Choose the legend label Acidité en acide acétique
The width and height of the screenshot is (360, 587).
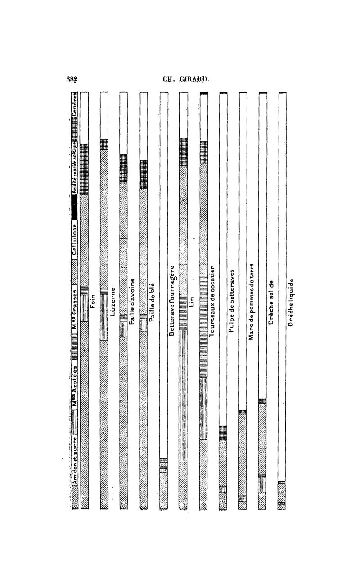click(75, 168)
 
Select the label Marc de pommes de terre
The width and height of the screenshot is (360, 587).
click(252, 301)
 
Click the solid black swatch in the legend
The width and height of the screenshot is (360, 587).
click(75, 209)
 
